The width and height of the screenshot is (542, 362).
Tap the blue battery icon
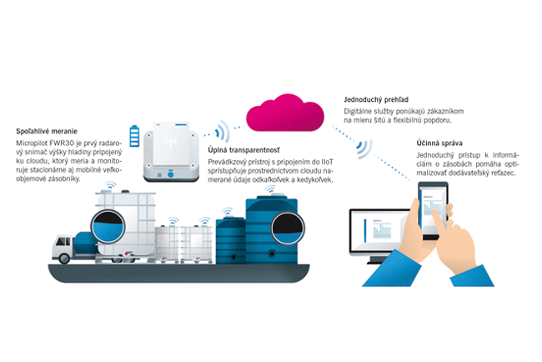(x=134, y=136)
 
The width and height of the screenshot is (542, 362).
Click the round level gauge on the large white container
(x=108, y=224)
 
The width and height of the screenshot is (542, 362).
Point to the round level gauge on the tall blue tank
(x=285, y=224)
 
